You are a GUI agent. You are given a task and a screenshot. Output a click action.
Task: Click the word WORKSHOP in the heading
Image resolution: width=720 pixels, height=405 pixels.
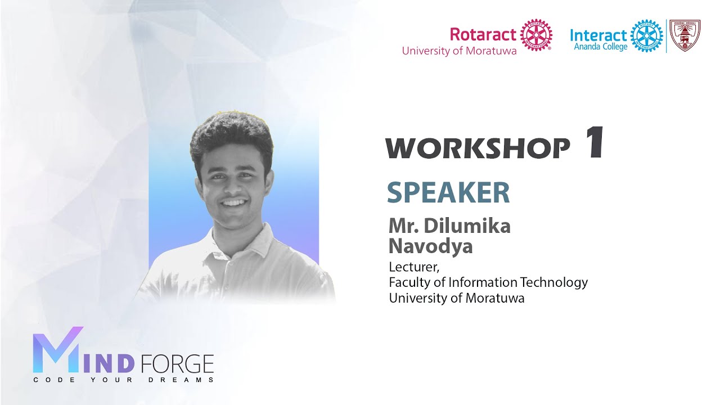click(x=478, y=148)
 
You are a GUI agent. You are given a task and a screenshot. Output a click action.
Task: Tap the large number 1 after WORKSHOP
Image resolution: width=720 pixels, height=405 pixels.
click(x=594, y=143)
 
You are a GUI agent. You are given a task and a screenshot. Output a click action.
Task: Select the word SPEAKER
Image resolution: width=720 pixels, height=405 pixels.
click(x=448, y=193)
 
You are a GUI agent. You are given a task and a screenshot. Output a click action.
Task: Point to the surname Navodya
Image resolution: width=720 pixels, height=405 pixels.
click(x=430, y=246)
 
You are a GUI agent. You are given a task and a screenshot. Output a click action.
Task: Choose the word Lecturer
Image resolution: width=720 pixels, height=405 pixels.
click(x=412, y=267)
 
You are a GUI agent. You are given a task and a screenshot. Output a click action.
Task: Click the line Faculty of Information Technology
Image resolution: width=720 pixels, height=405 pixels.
click(x=488, y=282)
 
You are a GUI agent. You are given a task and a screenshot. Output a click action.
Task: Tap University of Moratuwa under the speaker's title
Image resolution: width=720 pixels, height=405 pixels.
click(x=456, y=298)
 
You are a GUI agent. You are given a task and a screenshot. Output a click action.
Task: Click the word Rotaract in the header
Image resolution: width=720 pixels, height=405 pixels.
click(x=483, y=34)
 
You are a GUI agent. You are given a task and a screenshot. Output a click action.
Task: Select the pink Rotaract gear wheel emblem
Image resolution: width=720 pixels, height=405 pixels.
click(x=535, y=35)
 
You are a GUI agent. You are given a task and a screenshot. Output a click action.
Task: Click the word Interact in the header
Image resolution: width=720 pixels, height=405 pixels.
click(x=598, y=35)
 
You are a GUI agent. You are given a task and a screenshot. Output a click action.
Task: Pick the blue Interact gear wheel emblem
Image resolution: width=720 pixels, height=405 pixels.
click(x=646, y=35)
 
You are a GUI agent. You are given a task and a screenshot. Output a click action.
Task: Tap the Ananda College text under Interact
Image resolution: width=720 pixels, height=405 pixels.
click(x=600, y=47)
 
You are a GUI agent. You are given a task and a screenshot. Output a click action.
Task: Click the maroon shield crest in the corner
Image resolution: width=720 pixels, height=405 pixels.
click(x=685, y=35)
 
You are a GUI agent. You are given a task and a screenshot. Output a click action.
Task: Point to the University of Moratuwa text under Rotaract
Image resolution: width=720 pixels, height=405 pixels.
click(x=459, y=51)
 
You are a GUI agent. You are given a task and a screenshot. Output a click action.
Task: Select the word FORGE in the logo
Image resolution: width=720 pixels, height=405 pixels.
click(x=177, y=364)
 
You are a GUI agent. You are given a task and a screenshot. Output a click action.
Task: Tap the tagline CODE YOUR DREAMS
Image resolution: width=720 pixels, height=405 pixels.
click(x=123, y=380)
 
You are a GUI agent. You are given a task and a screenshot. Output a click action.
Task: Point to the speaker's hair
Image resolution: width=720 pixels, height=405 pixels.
click(x=231, y=135)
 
